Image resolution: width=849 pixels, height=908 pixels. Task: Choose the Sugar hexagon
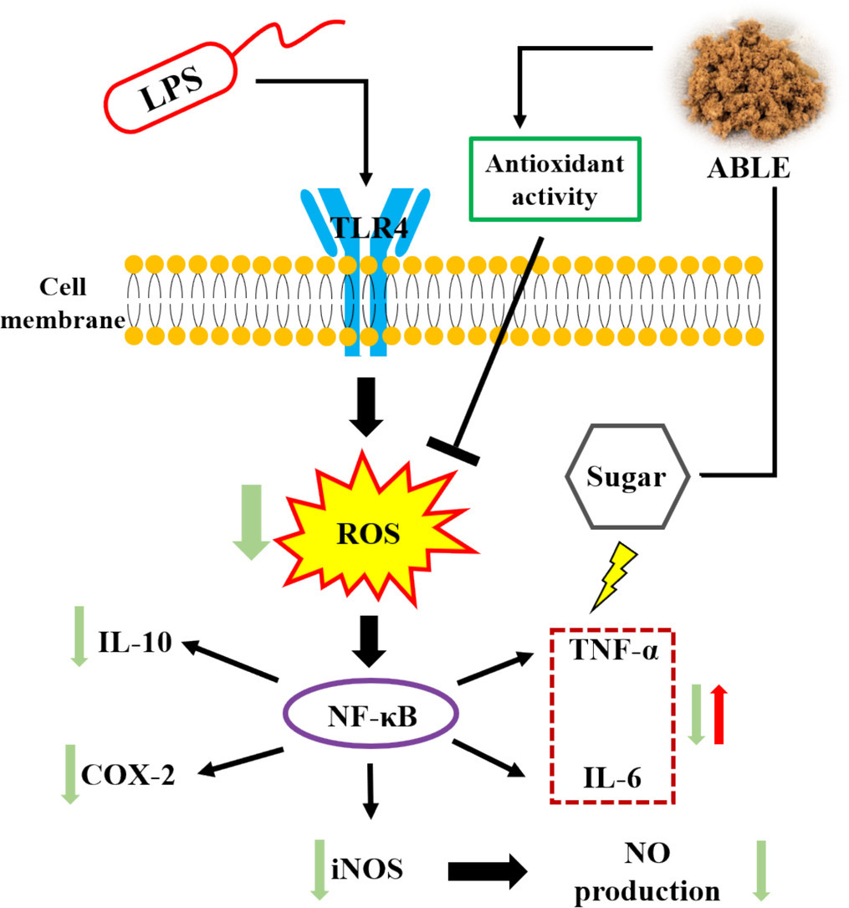[x=627, y=478]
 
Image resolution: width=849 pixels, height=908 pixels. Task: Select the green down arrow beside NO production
[x=762, y=871]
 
